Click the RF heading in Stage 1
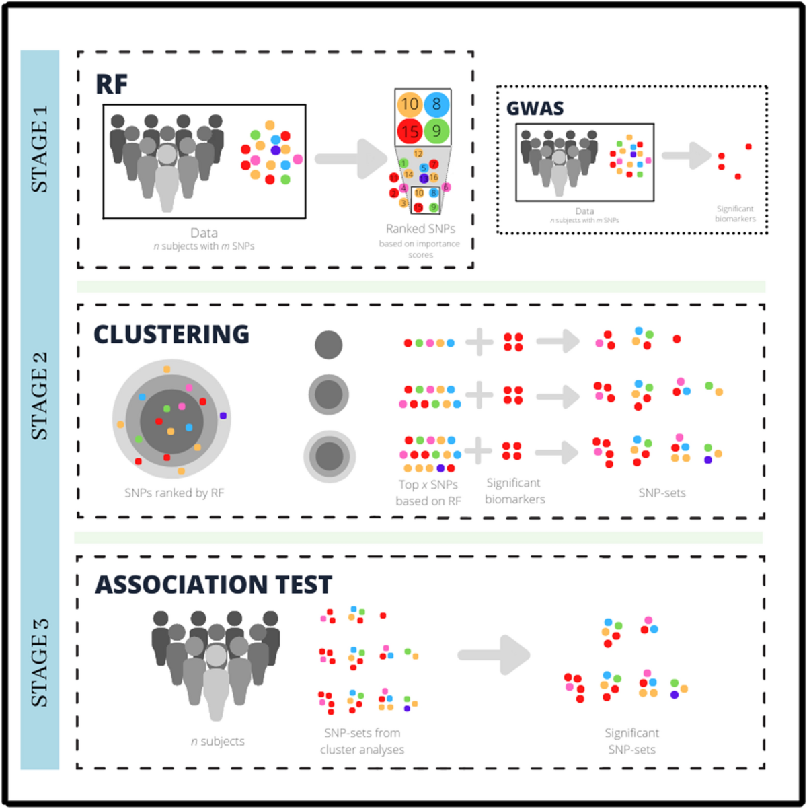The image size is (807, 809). [112, 84]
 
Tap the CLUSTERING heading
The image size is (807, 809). [171, 334]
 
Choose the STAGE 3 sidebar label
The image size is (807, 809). [40, 664]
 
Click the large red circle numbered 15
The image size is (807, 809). [410, 131]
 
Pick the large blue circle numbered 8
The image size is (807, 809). [436, 104]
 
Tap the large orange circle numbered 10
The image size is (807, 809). [410, 104]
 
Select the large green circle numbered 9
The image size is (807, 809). [436, 131]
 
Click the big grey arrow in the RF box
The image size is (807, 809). [349, 159]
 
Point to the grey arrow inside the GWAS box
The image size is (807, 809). [687, 155]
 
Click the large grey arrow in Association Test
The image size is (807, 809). [494, 654]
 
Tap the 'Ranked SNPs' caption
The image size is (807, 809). [420, 229]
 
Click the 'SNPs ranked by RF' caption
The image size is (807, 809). [174, 493]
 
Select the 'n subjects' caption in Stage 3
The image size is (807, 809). [217, 741]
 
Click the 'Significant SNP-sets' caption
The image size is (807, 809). [631, 741]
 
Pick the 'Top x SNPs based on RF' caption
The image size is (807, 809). [428, 493]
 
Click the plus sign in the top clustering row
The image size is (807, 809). [479, 342]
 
